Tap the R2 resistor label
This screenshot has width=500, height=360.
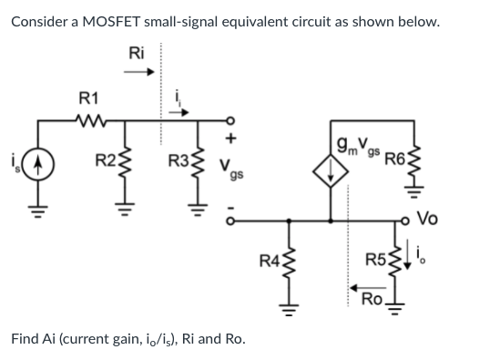pos(106,163)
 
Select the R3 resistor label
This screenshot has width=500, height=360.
pos(179,163)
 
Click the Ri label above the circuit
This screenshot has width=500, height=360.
pos(138,53)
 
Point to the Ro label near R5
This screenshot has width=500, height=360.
pos(372,298)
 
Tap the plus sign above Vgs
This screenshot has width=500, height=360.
pos(231,139)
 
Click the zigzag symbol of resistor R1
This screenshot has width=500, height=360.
pos(91,117)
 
